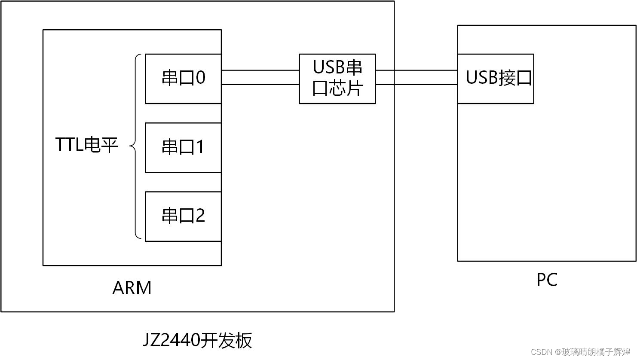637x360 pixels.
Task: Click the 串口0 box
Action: coord(183,79)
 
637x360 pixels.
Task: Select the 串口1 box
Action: coord(183,147)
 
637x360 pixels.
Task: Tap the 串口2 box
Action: coord(183,216)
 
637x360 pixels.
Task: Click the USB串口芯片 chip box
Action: coord(337,79)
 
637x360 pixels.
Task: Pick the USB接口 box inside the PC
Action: coord(496,79)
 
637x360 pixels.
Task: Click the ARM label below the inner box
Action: coord(132,288)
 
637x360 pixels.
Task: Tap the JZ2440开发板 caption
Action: coord(197,341)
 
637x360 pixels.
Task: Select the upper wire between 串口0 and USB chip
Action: coord(260,70)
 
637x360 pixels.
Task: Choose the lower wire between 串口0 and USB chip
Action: coord(260,85)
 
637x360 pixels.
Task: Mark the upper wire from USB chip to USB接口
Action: coord(416,70)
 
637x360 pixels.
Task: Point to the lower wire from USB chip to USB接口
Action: coord(416,85)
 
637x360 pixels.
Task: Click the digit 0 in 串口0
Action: coord(200,78)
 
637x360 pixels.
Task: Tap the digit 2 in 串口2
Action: coord(200,216)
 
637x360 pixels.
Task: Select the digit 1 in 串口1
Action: coord(200,147)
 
